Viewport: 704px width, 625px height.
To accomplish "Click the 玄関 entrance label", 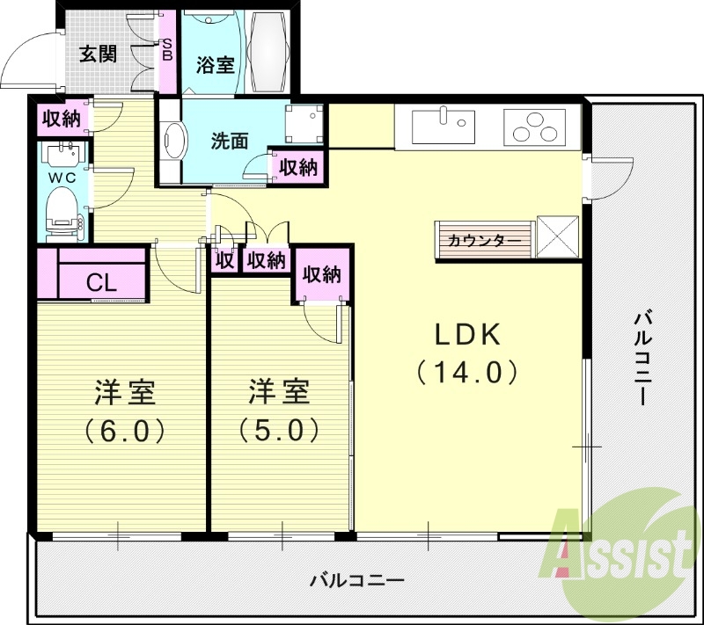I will point(98,55).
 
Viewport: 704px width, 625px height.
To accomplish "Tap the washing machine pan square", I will point(305,124).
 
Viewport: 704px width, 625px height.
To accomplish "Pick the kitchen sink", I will point(444,127).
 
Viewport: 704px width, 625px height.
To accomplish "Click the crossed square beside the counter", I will point(558,237).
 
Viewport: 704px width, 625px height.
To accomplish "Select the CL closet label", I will point(102,283).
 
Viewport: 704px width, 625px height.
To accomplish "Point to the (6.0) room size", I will point(124,431).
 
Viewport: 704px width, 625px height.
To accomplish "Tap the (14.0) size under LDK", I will point(467,373).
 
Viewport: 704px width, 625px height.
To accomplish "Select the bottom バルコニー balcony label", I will point(356,581).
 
